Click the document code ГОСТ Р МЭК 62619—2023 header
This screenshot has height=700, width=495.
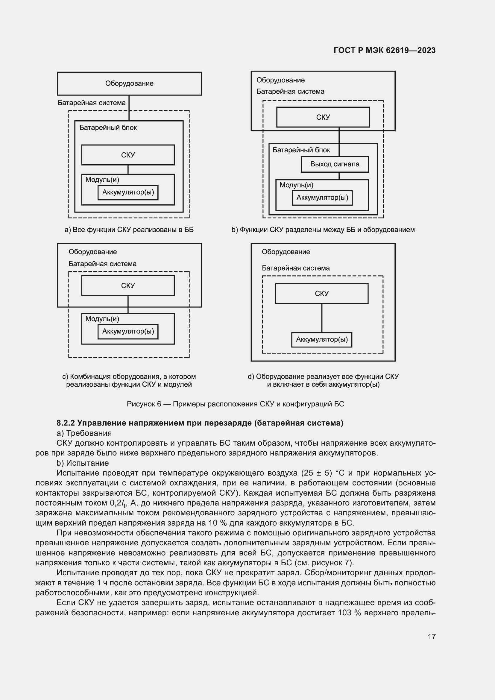tap(384, 50)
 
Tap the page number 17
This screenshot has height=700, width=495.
tap(431, 637)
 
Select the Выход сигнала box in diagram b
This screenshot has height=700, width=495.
tap(334, 164)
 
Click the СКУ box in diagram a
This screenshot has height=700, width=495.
tap(128, 155)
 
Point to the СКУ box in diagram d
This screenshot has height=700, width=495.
tap(321, 293)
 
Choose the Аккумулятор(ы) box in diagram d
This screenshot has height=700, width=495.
tap(321, 340)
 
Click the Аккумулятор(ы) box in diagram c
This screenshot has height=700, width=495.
tap(128, 331)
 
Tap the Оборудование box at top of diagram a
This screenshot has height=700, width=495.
tap(129, 83)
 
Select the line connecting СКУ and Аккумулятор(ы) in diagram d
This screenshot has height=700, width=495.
tap(322, 318)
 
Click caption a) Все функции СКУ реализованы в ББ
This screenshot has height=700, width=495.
tap(129, 230)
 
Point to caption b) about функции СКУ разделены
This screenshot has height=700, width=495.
tap(323, 230)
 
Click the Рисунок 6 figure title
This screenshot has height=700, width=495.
tap(235, 404)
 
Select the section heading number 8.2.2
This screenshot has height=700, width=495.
tap(66, 423)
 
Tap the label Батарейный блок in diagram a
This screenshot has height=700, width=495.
tap(108, 128)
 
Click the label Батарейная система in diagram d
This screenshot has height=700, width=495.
tap(295, 268)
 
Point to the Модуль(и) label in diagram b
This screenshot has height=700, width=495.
tap(296, 185)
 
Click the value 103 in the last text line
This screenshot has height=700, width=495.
tap(344, 613)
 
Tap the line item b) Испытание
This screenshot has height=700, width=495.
tap(83, 463)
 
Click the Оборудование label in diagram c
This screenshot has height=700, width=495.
tap(92, 252)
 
